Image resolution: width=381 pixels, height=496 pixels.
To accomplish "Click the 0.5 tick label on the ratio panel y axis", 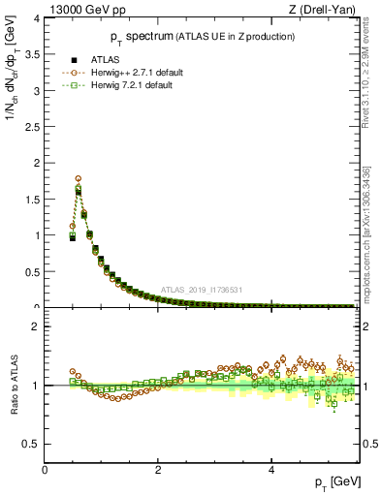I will (32, 444).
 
